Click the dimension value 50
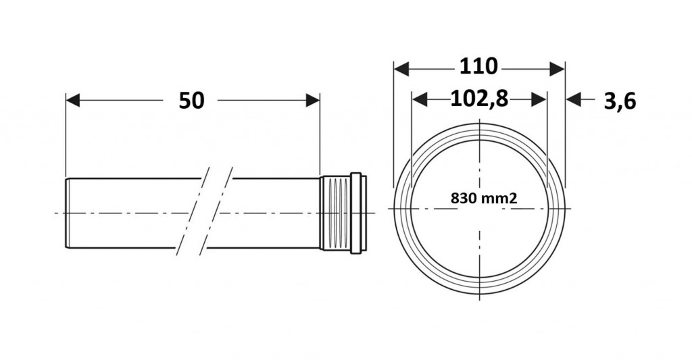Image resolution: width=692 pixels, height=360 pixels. click(x=191, y=101)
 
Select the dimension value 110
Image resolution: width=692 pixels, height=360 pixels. click(x=478, y=67)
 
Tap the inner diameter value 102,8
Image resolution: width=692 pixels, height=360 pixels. click(x=479, y=99)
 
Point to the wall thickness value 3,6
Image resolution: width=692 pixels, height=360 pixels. click(x=620, y=101)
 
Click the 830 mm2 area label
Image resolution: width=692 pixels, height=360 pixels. click(x=484, y=198)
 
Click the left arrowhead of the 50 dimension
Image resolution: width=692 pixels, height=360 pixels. click(x=73, y=100)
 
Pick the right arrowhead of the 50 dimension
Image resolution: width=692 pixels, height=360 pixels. click(x=312, y=100)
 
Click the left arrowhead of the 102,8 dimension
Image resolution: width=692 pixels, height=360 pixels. click(x=419, y=100)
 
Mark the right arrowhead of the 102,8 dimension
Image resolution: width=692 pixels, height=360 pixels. click(x=539, y=100)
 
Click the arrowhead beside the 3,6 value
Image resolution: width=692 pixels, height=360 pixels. click(x=573, y=100)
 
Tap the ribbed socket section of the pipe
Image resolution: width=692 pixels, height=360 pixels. click(x=335, y=213)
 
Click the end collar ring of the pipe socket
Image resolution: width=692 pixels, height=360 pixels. click(x=358, y=213)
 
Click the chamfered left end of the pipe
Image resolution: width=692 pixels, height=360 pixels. click(x=68, y=213)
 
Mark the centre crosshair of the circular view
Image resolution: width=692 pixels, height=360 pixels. click(x=480, y=208)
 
